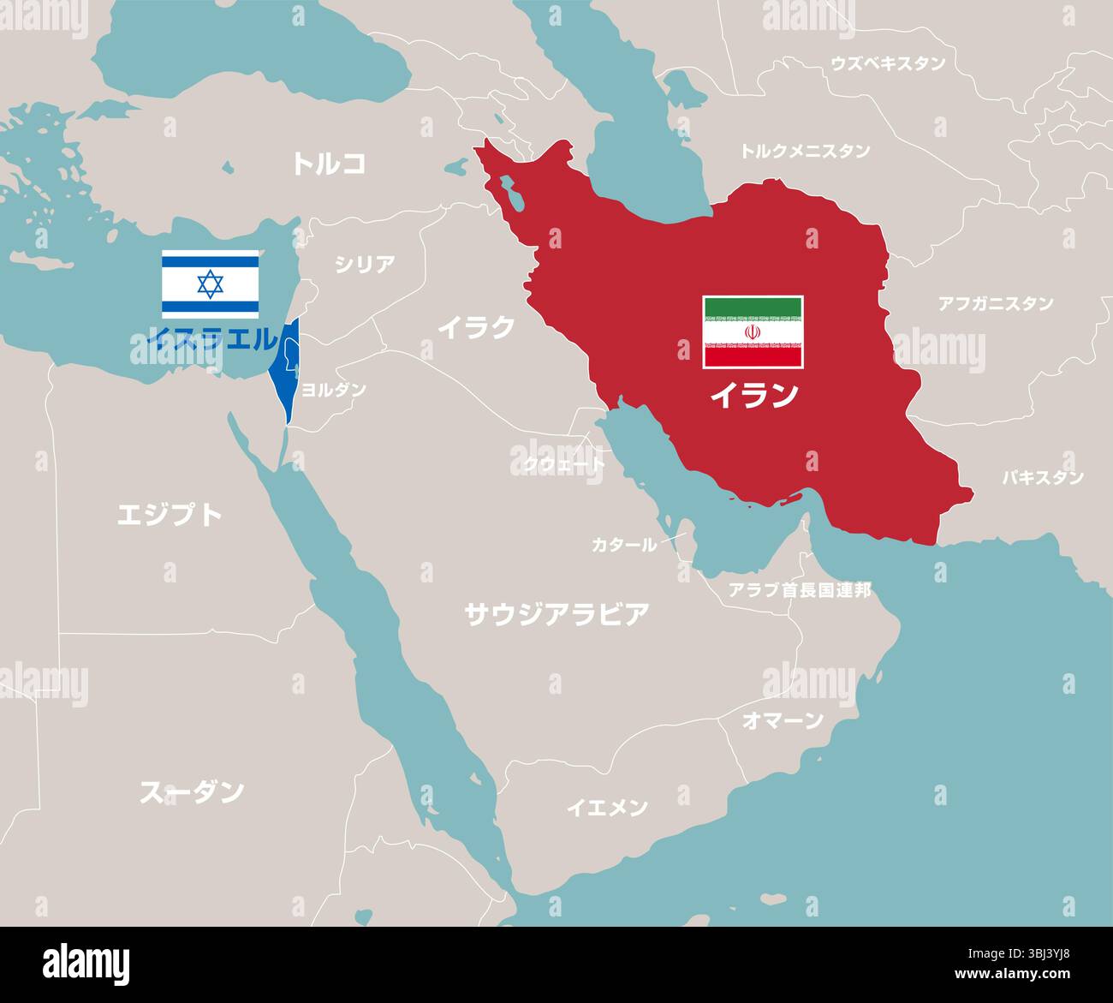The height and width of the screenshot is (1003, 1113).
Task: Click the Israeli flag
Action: coord(210,284)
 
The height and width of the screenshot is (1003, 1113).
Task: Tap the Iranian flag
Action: coord(753,332)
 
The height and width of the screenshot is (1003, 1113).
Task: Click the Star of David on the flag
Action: coord(210,284)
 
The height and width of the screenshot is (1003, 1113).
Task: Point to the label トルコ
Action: coord(329,164)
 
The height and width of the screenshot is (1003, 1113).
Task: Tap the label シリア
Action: coord(365,264)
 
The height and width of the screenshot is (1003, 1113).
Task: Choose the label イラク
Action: coord(477,326)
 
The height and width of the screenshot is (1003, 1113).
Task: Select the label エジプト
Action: coord(170,514)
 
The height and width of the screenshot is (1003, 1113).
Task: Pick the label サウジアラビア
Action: coord(556,613)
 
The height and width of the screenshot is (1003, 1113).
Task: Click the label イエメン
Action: coord(607,807)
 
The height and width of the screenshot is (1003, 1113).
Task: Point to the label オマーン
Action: coord(782,720)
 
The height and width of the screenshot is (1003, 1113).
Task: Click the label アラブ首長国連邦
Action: coord(799,589)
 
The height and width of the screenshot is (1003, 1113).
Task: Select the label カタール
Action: coord(624,544)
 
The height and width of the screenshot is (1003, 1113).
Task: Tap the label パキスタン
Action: coord(1043,477)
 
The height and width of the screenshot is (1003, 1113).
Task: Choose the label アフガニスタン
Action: coord(996,303)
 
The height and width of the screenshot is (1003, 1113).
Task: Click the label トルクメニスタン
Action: coord(805,151)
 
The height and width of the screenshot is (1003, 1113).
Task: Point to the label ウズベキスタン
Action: coord(888,63)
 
